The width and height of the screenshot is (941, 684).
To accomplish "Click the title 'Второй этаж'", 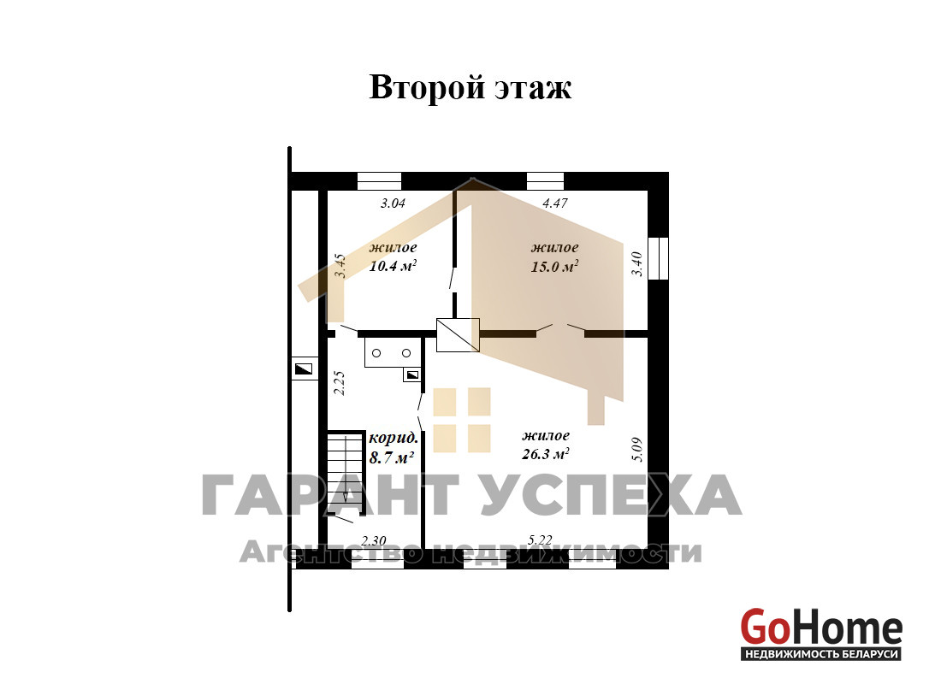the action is coord(470,87).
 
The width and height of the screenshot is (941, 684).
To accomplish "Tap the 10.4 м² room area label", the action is coord(394,266).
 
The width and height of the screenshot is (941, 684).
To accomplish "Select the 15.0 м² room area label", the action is coord(554,266).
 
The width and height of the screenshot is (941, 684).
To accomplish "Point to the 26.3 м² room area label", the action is coord(546,454).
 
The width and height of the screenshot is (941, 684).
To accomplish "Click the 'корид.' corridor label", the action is coord(394,438).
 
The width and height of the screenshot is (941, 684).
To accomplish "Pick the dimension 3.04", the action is coord(394,203).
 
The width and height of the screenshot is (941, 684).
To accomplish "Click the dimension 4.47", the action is coord(555,203).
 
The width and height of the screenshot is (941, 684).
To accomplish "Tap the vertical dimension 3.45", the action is coord(340,266).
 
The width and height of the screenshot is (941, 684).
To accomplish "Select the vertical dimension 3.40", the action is coord(636,264).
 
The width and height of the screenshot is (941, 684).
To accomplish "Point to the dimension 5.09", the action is coord(636,450).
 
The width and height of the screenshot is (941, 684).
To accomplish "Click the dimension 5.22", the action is coord(540,540).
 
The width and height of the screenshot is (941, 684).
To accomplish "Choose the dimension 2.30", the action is coord(374,541).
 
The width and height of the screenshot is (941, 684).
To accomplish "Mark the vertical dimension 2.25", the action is coord(339,383).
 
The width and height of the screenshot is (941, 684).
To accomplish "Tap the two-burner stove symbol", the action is coord(392,353).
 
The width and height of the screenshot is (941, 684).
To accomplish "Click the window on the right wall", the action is coord(659,258).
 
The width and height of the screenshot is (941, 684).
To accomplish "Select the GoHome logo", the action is coord(821,634).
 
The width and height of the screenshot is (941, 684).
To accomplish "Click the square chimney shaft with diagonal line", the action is coord(458,335).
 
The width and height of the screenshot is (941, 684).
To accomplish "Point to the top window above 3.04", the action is coord(379,181).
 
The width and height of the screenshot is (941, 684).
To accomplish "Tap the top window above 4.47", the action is coord(546,181).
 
